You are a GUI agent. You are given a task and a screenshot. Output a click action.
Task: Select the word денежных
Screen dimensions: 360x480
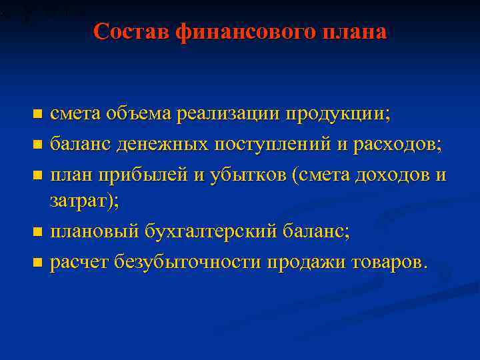[x=168, y=144]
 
